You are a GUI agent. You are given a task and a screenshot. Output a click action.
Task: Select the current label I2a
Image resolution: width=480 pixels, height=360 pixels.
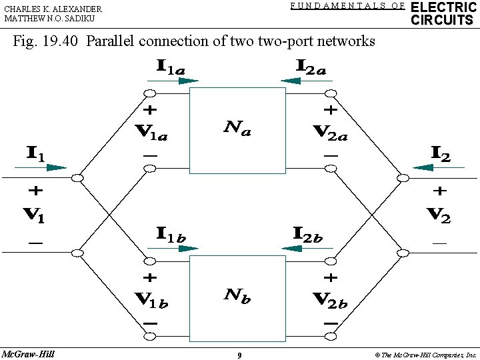click(311, 67)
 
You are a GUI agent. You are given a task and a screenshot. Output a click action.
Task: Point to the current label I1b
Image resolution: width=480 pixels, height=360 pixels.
click(171, 233)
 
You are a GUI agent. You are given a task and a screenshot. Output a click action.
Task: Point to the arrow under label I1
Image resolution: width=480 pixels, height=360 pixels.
click(48, 168)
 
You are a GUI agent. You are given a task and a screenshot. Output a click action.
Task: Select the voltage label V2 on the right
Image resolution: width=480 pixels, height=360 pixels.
click(439, 215)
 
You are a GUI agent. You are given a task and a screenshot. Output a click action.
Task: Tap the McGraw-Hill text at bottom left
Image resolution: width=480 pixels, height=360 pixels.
click(29, 353)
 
